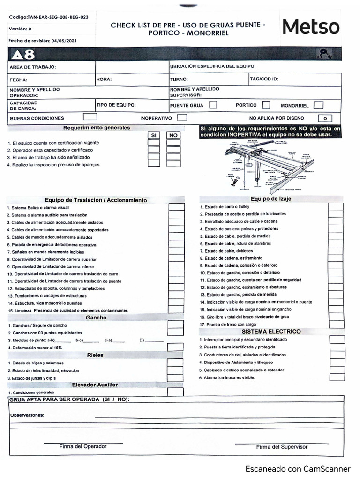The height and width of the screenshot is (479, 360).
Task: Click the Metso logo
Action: tap(311, 27)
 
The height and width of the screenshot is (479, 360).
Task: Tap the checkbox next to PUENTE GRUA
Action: tap(213, 105)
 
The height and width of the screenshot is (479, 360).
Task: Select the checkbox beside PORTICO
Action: tap(266, 105)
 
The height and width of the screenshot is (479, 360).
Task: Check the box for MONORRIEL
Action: tap(318, 105)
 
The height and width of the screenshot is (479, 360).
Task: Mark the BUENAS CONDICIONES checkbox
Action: tap(90, 117)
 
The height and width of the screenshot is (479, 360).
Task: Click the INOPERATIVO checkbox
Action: tap(182, 118)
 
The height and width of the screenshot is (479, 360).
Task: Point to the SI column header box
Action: tap(153, 135)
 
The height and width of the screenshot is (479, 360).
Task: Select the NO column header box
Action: tap(173, 135)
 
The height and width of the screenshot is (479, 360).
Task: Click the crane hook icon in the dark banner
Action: tap(324, 54)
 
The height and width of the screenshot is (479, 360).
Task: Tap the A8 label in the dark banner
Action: tap(23, 55)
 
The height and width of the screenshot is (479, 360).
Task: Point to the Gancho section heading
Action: tap(96, 318)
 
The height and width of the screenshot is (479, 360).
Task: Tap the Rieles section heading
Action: tap(95, 355)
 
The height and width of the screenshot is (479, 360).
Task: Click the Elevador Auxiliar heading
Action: tap(95, 385)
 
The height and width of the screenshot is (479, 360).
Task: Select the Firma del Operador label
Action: tap(83, 446)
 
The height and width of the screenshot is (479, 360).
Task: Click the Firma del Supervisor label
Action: tap(282, 447)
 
